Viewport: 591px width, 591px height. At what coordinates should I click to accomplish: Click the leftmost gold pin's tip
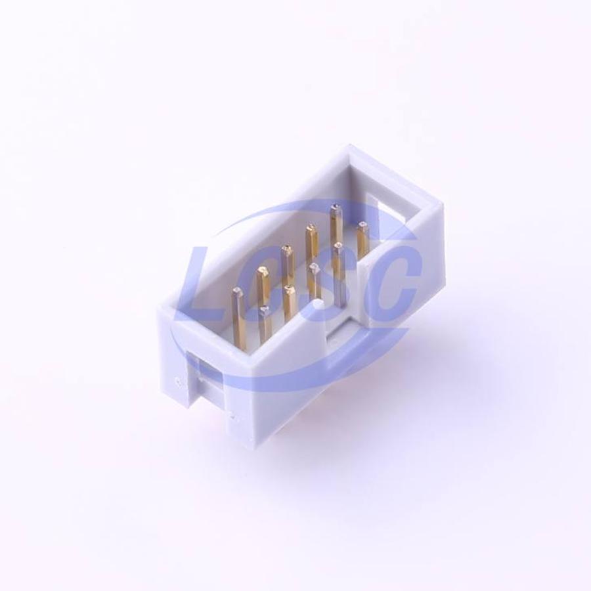(237, 291)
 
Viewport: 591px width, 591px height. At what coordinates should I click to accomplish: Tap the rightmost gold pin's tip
(362, 226)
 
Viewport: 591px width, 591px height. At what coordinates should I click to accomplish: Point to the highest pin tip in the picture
(333, 207)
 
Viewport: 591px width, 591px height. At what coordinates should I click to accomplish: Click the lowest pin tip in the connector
(264, 310)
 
